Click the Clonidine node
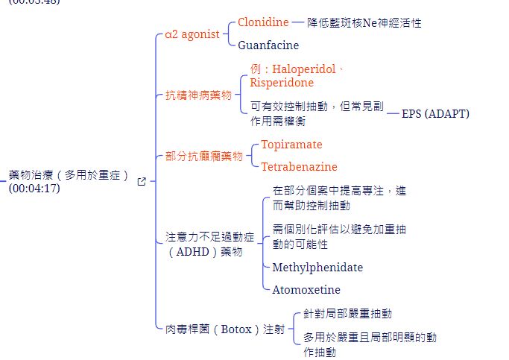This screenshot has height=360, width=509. tap(263, 22)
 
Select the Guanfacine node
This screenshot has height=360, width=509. tap(268, 45)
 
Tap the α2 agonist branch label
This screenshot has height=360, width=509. tap(192, 34)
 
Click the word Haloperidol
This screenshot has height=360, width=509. tap(304, 69)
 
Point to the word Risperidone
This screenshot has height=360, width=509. tap(282, 83)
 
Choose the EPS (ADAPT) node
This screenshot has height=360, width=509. tap(436, 114)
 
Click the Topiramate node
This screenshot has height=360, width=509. tap(292, 145)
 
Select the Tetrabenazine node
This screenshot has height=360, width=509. tap(300, 167)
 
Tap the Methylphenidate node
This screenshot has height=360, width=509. tap(317, 268)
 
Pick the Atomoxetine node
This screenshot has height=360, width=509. tap(306, 289)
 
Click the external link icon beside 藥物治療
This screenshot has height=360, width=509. tap(142, 181)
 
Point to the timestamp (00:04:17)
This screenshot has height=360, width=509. tap(34, 189)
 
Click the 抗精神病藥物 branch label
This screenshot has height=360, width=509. tap(199, 95)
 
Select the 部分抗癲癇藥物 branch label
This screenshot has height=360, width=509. tap(204, 156)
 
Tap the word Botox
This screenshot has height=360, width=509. tap(236, 329)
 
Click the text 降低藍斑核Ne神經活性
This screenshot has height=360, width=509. tap(364, 22)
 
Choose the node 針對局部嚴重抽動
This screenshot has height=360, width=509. tap(348, 314)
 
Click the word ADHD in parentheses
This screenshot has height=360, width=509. tap(193, 252)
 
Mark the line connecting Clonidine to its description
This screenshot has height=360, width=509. tap(298, 22)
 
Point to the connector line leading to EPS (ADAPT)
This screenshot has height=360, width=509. tap(393, 113)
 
